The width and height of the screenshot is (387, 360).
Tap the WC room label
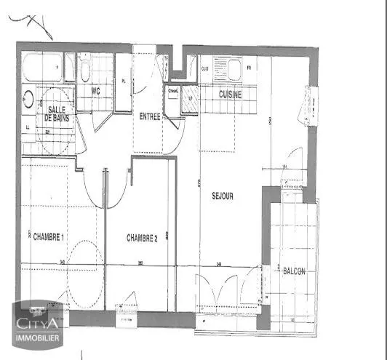[x=95, y=92]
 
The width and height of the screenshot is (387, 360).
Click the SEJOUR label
[x=223, y=195]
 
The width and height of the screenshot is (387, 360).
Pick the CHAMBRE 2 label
[x=142, y=237]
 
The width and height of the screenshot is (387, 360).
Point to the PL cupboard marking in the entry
[x=124, y=81]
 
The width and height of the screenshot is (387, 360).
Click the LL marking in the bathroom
[x=28, y=128]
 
